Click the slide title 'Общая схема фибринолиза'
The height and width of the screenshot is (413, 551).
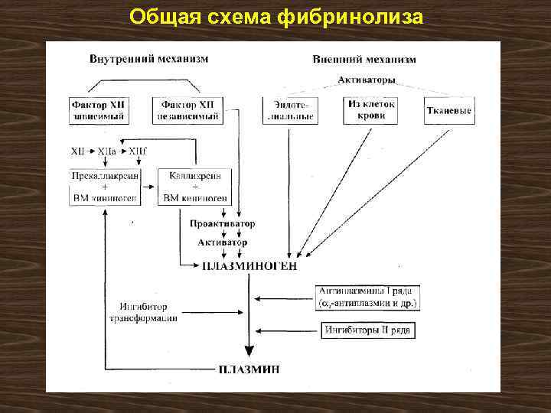[x=275, y=16]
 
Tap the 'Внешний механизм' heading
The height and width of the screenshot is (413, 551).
[x=365, y=59]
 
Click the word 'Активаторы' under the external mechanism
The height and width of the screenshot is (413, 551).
[x=367, y=79]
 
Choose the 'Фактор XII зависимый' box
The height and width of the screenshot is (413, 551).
[x=98, y=110]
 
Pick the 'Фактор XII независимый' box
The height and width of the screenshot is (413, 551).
[x=188, y=110]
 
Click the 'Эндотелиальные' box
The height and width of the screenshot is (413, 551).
[x=289, y=110]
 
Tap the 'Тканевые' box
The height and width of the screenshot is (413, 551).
[x=448, y=110]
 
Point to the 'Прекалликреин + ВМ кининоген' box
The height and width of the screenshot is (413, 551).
[x=105, y=187]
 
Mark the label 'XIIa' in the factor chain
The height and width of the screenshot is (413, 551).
[x=108, y=152]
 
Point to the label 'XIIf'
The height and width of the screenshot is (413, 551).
[x=139, y=152]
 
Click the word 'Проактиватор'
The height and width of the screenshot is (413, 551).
[x=223, y=224]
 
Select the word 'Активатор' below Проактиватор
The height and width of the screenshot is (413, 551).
[x=223, y=242]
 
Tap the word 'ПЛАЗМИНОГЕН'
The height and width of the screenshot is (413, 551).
[x=249, y=266]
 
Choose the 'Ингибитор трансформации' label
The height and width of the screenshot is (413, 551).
[x=143, y=311]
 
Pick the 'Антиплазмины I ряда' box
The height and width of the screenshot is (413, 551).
[x=368, y=297]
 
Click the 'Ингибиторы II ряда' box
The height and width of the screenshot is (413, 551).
[x=368, y=330]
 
